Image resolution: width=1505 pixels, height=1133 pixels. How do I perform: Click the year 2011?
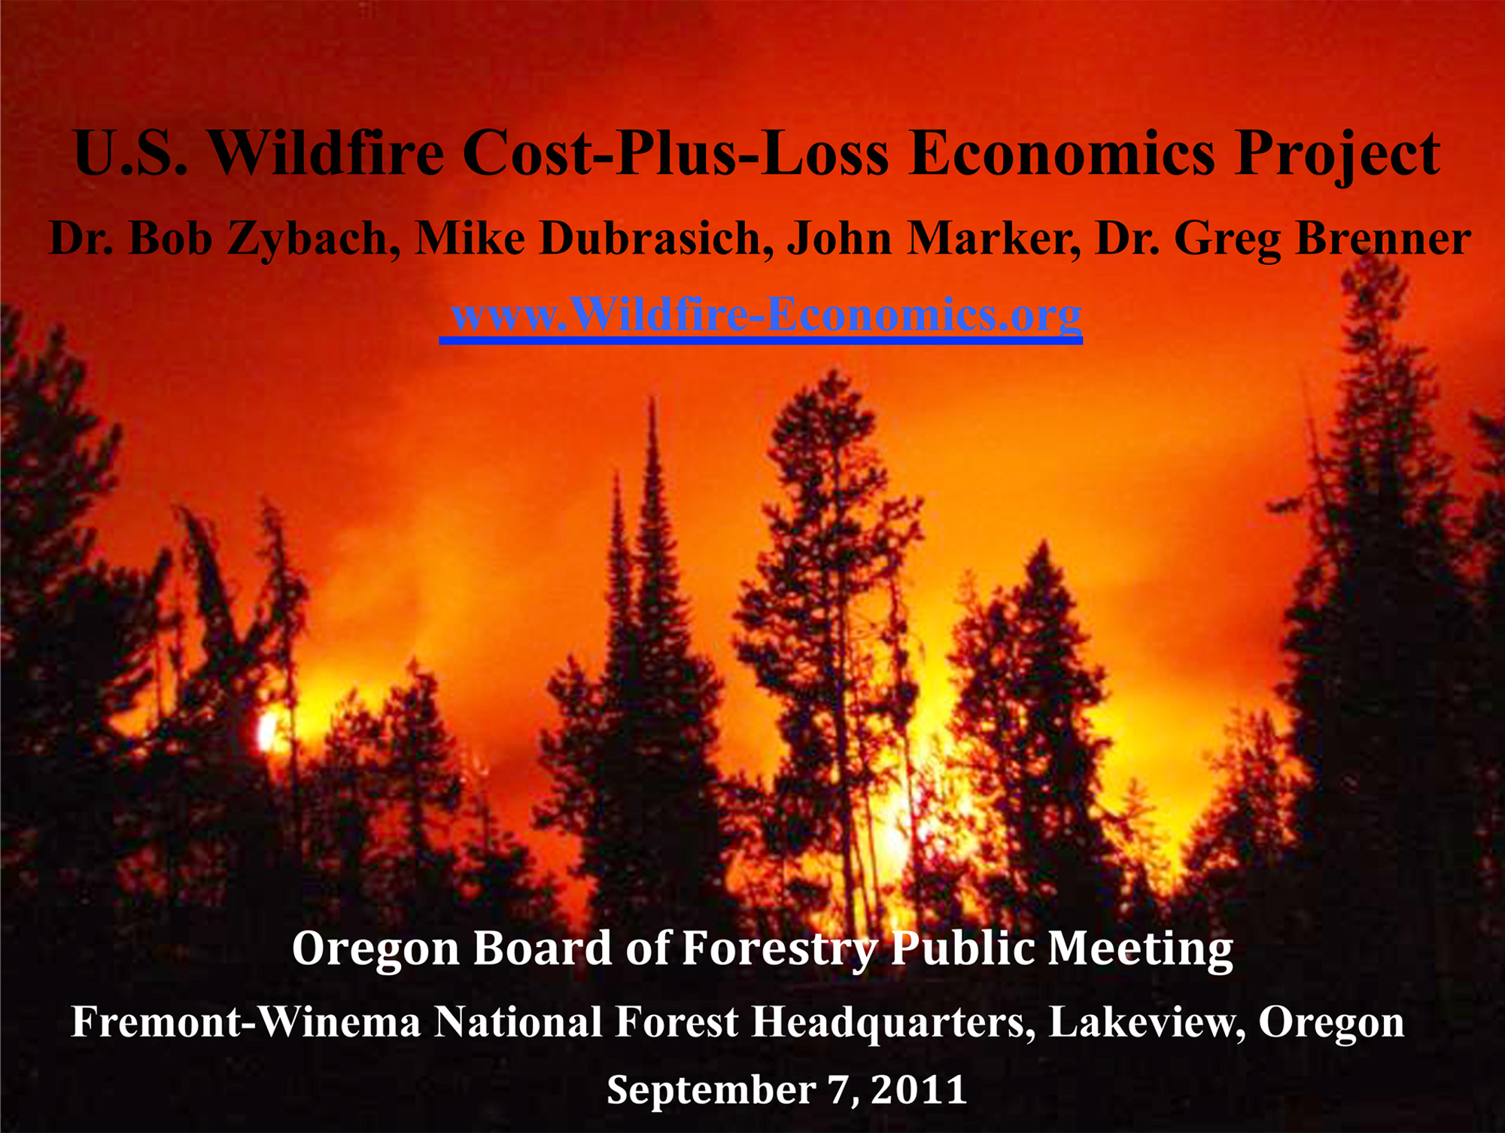click(919, 1090)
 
